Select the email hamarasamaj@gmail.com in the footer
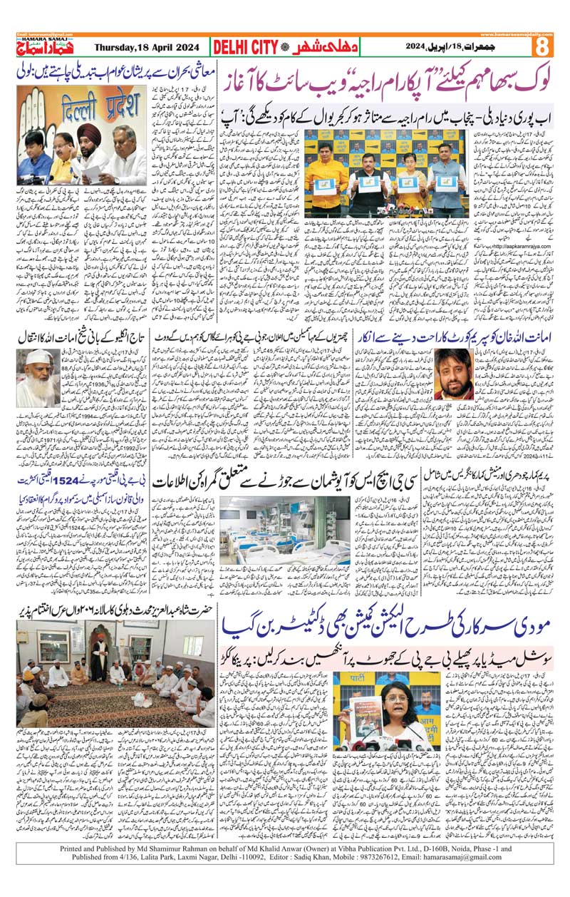click(x=482, y=880)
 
